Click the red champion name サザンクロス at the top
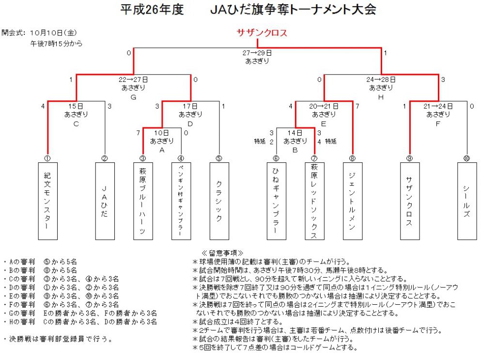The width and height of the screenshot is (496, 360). [262, 32]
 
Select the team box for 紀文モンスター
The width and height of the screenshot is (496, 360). [48, 201]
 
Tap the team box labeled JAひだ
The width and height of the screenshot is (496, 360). [105, 201]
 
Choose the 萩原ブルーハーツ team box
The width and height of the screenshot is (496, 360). [143, 201]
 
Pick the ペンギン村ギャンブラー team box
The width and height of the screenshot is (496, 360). [181, 201]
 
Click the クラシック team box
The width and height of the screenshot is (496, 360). [219, 201]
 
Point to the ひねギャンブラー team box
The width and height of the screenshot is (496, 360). [277, 201]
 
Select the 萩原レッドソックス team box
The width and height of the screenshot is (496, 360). [314, 201]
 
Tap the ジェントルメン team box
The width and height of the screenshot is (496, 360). [353, 201]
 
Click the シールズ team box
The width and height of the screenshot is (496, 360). [467, 201]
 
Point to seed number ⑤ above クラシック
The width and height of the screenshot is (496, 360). [219, 158]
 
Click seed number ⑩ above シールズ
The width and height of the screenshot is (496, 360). [466, 158]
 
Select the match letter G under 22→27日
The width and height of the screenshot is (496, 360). [133, 97]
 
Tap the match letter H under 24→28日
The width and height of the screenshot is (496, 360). [381, 97]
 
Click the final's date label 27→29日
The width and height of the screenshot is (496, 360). [257, 53]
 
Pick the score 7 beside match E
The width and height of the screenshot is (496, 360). [357, 106]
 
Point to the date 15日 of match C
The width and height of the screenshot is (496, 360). [76, 106]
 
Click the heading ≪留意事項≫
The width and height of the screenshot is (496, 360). [222, 253]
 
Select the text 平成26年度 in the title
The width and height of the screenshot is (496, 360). [152, 10]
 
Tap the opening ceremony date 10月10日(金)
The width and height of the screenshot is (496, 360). [53, 32]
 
